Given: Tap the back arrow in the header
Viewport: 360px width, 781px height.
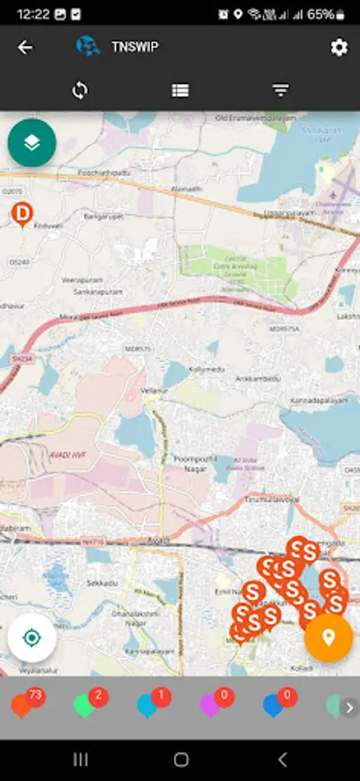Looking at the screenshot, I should tap(25, 48).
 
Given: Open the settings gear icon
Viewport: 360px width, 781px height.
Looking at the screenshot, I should tap(339, 48).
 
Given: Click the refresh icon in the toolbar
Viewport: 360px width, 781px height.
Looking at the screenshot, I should tap(80, 90).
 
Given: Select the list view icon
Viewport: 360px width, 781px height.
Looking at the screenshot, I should tap(180, 90).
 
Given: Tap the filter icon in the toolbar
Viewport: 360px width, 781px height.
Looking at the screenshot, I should tap(280, 90).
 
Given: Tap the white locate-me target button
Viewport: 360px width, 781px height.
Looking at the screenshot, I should tap(32, 639).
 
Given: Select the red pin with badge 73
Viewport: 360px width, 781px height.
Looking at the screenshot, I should tap(23, 705).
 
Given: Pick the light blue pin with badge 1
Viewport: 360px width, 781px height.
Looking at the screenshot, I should tap(147, 705).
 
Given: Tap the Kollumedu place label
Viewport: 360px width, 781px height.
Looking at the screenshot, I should tap(206, 369).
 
